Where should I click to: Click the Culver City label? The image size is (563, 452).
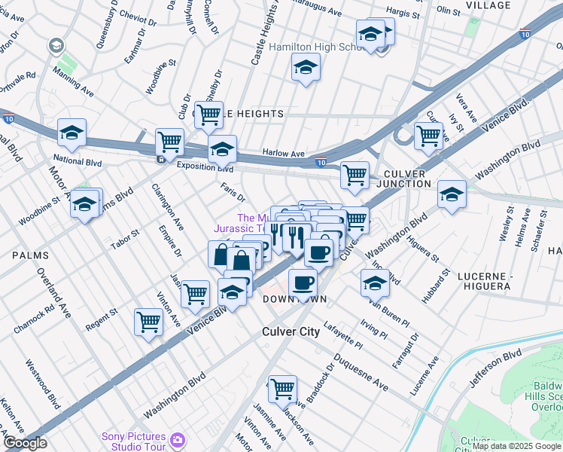pos(291,331)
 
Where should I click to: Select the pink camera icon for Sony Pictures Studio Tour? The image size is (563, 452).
pos(178,439)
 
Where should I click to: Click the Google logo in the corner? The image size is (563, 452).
pos(25,443)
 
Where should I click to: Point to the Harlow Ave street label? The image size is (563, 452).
pos(283,153)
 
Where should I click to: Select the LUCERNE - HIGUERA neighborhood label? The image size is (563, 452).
pos(476,281)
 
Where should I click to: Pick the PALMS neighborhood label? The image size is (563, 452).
pos(31,255)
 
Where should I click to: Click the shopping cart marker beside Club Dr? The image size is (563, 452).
pos(209,115)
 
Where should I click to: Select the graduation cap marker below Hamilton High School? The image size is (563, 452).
pos(305,69)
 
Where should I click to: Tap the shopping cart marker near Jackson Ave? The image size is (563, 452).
pos(282,389)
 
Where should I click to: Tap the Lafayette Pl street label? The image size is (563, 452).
pos(342,334)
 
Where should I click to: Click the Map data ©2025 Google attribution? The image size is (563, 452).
pos(516,446)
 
